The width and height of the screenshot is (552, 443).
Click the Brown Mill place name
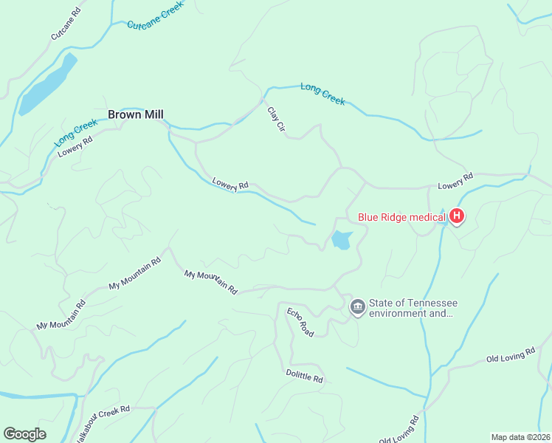tap(135, 114)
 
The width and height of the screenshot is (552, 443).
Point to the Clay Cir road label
tap(276, 120)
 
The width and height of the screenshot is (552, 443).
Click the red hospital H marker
tap(457, 217)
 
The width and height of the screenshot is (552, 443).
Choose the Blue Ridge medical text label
tap(401, 217)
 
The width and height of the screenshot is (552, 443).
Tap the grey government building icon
tap(358, 307)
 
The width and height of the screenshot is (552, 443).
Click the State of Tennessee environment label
tap(413, 309)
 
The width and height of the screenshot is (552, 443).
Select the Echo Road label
tap(300, 323)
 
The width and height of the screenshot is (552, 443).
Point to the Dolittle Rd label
tap(304, 375)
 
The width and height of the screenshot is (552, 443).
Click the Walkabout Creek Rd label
tap(103, 414)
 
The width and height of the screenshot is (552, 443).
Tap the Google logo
tap(24, 434)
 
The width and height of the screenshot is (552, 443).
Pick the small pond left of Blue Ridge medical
tap(341, 240)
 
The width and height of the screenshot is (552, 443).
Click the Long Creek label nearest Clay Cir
tap(322, 94)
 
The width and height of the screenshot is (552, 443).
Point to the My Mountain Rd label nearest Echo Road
tap(210, 281)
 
